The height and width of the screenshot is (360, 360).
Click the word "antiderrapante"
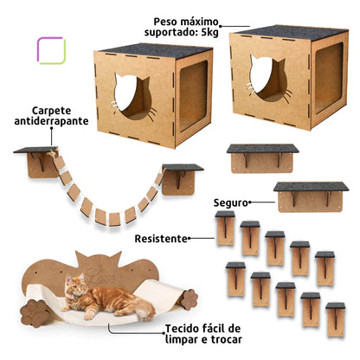(59, 123)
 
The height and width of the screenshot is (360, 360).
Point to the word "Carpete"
(57, 111)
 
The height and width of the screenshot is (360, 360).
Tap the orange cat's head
(74, 285)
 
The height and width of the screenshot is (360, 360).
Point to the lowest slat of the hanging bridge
(113, 215)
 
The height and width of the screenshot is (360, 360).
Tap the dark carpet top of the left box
(139, 48)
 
